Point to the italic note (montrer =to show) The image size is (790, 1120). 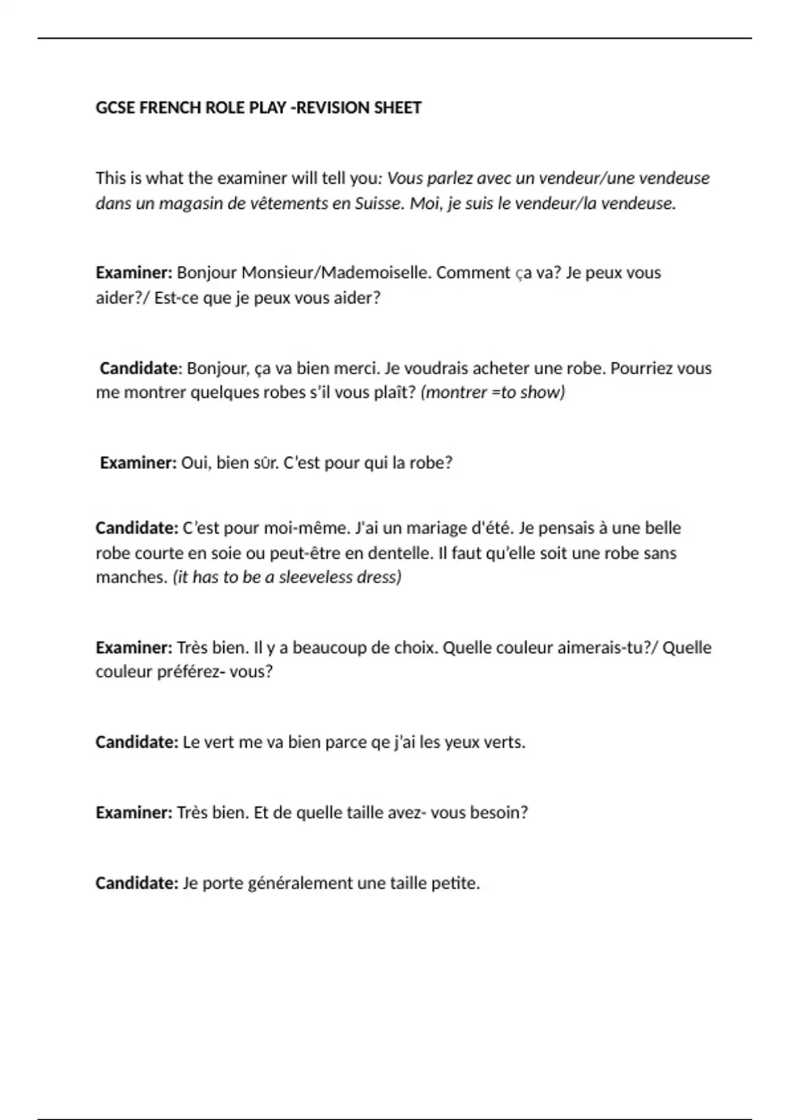[492, 392]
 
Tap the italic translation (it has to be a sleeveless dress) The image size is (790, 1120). [287, 577]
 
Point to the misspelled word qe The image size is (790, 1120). [381, 742]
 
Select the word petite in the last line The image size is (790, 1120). [455, 883]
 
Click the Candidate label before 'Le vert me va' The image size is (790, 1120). [136, 742]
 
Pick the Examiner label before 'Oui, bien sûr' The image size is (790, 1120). [138, 462]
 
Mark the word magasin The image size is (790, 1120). [192, 203]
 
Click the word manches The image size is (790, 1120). [131, 577]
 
